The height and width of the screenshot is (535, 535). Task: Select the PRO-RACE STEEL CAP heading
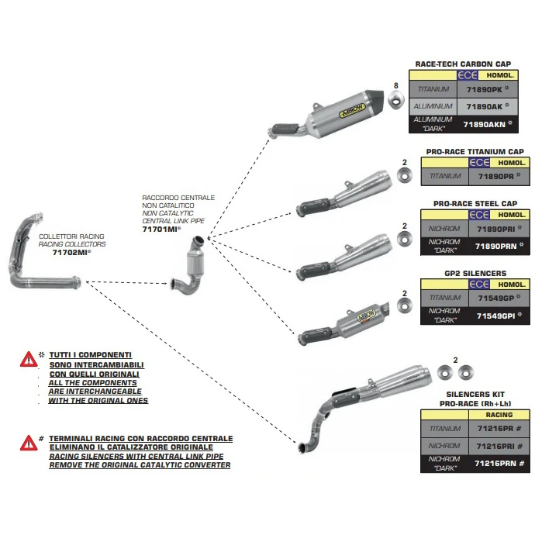tap(475, 203)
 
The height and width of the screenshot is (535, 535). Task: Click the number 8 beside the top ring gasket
tap(395, 85)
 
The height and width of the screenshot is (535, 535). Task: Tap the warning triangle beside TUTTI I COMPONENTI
tap(29, 359)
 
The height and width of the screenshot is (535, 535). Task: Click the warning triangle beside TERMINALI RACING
tap(29, 443)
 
